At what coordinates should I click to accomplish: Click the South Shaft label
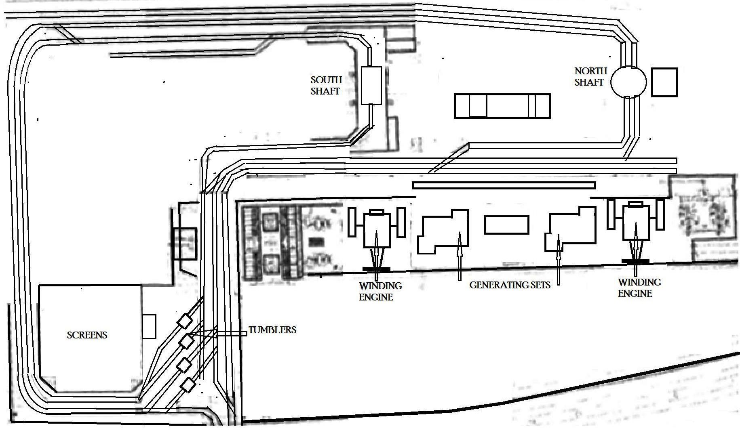[326, 85]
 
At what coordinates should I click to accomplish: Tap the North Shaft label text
[590, 76]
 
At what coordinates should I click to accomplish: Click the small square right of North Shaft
[664, 82]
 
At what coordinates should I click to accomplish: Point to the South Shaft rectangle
[371, 86]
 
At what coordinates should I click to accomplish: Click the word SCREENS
[87, 335]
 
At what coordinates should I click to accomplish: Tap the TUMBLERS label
[272, 330]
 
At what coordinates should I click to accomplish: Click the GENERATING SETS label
[510, 285]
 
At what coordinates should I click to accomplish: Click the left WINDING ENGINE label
[380, 291]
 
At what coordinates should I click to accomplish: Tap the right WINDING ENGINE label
[639, 288]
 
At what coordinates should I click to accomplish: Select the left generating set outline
[443, 231]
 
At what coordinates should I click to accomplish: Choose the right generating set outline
[571, 229]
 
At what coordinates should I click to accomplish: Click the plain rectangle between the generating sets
[506, 225]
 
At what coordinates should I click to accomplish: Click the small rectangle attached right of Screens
[149, 326]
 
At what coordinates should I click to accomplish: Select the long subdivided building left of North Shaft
[502, 106]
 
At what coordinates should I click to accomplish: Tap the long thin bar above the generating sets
[504, 185]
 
